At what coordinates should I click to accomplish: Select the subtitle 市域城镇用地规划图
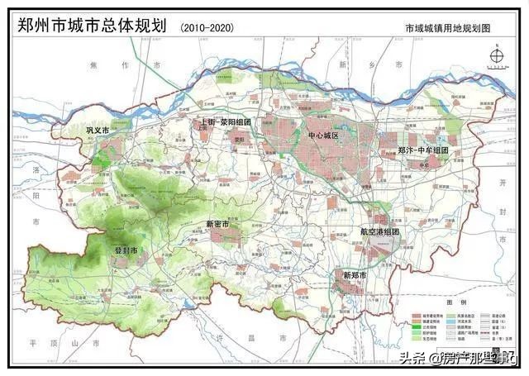click(x=449, y=28)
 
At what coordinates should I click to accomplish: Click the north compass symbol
click(x=497, y=56)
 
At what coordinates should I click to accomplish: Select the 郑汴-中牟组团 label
click(x=422, y=150)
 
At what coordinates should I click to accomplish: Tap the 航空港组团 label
click(x=379, y=232)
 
